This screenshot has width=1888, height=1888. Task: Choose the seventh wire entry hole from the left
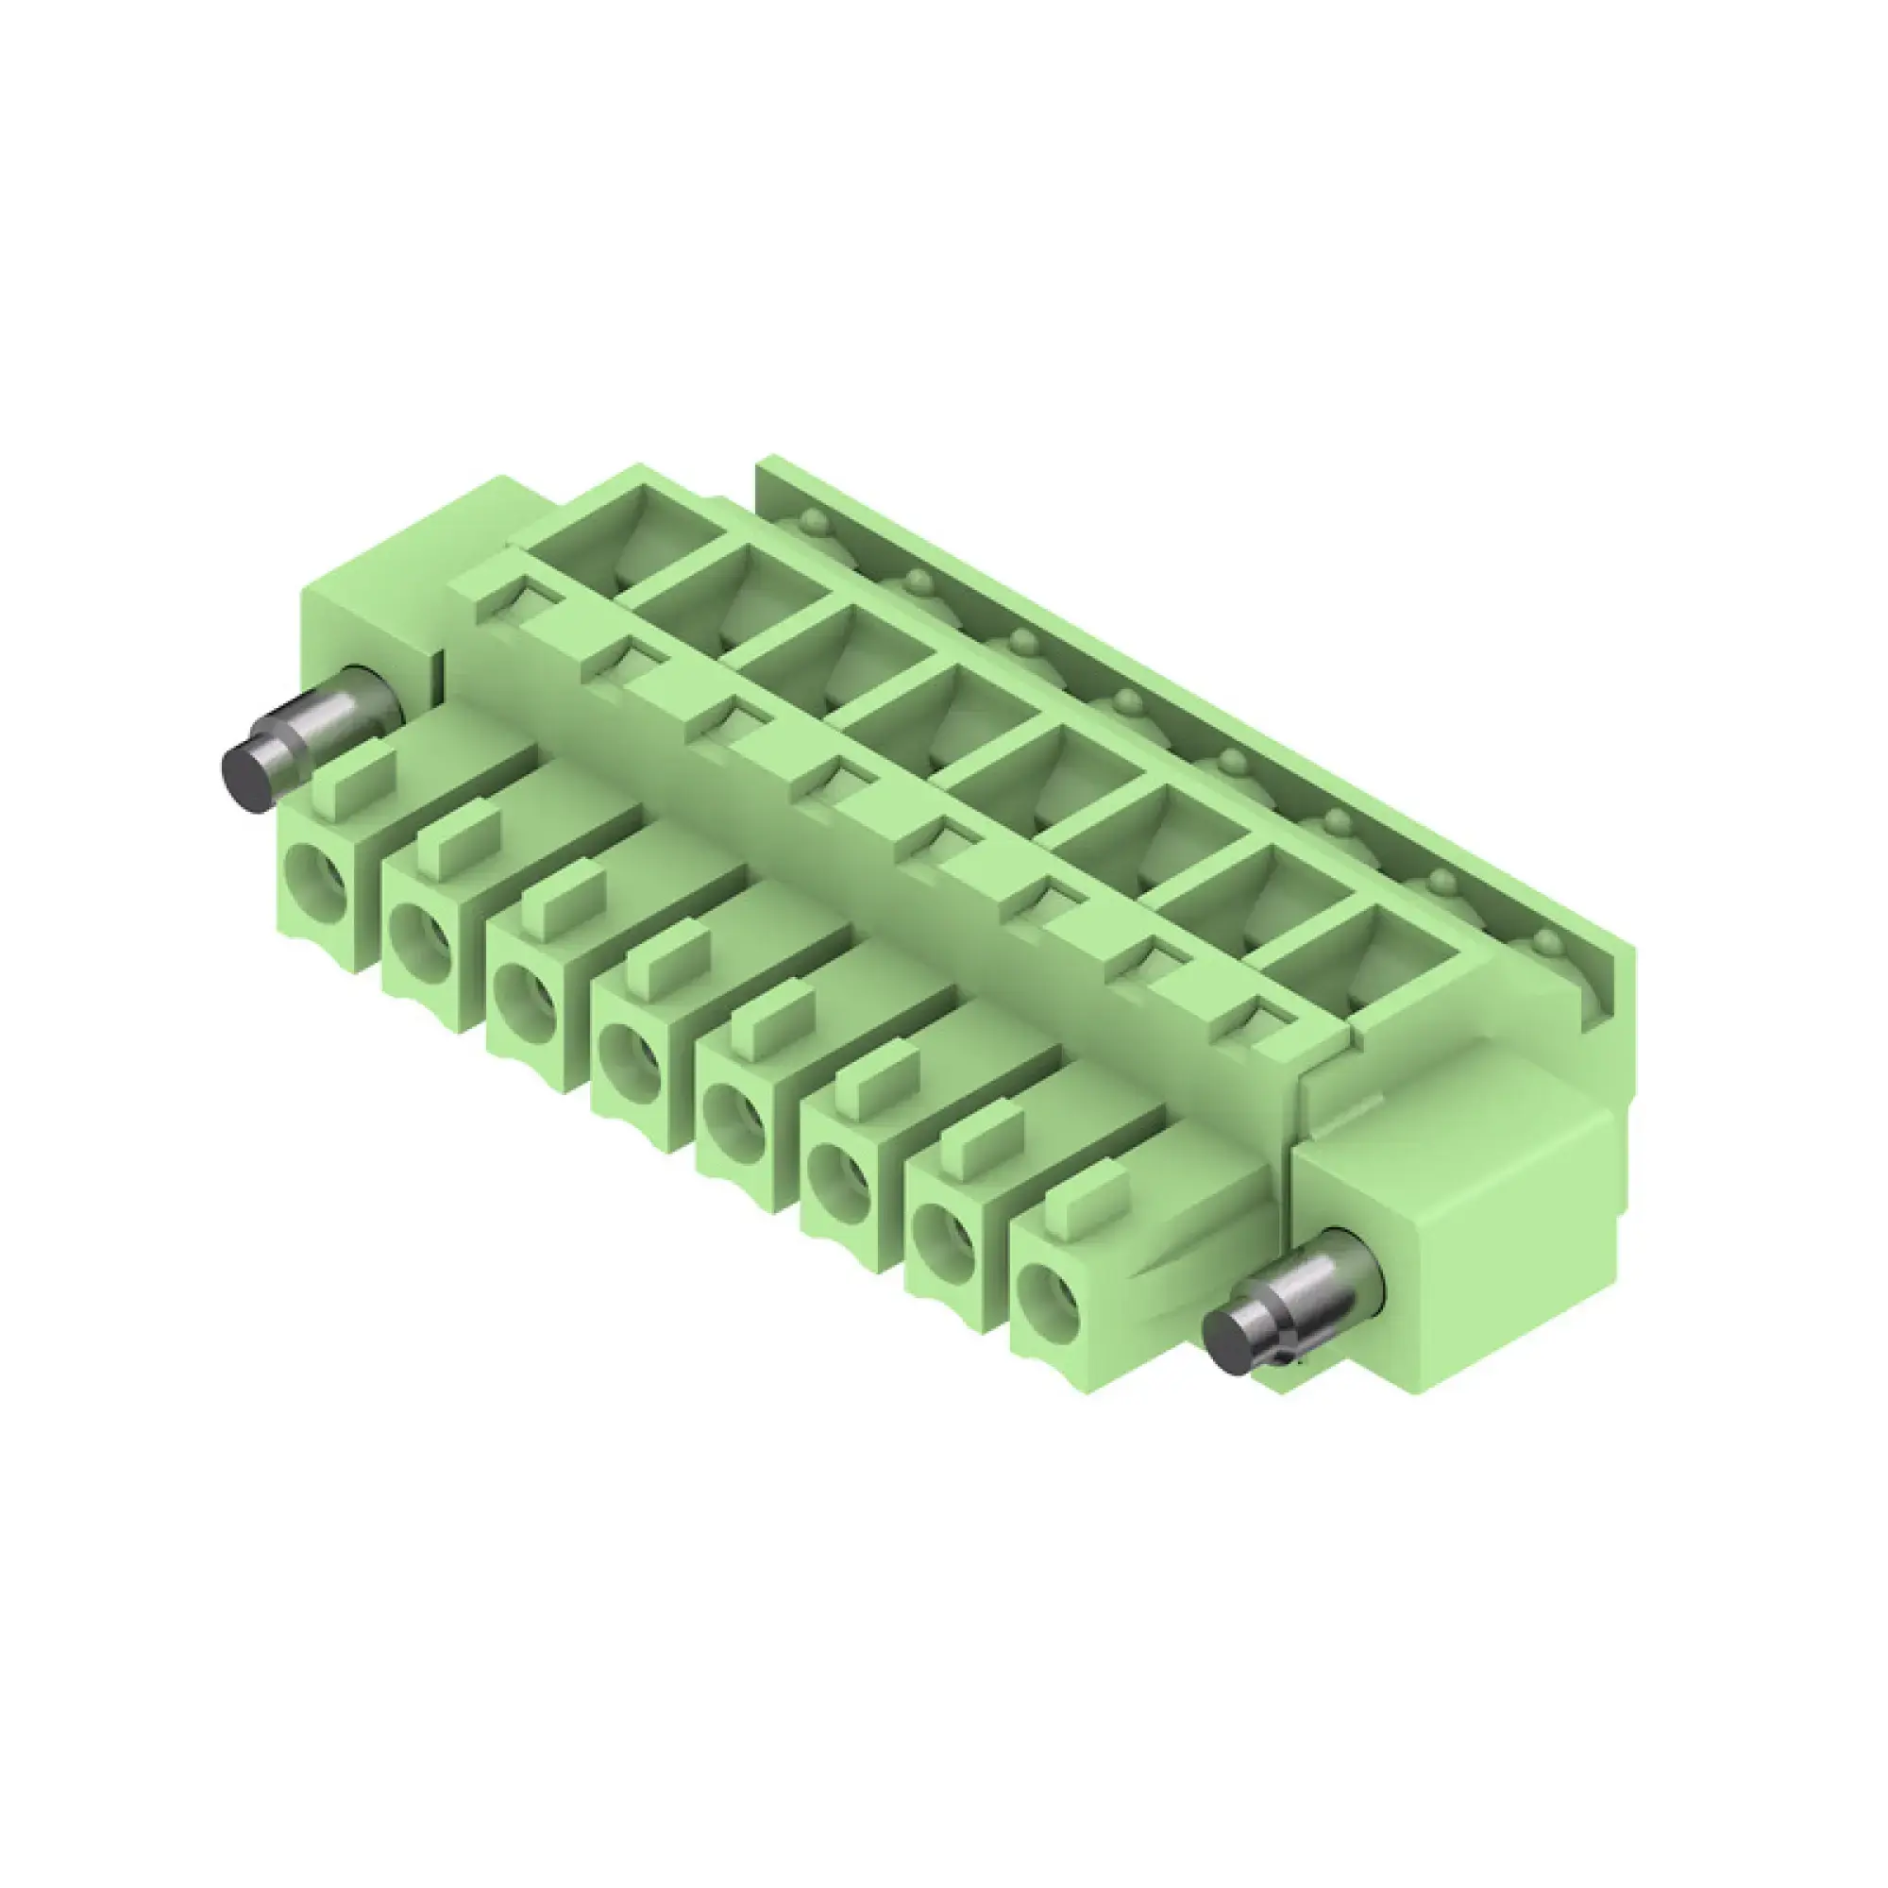(943, 1241)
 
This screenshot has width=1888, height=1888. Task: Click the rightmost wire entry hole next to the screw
(1048, 1305)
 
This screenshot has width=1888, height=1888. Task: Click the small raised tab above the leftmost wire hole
(358, 777)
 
